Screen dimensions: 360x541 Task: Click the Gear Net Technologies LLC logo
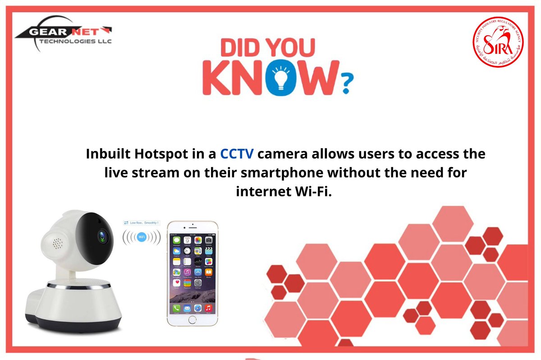click(63, 36)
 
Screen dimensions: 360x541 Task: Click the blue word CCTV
click(236, 154)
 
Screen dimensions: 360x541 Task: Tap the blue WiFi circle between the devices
click(142, 237)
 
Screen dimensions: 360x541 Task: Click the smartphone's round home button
click(193, 319)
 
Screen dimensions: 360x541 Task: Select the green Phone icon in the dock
click(176, 309)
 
